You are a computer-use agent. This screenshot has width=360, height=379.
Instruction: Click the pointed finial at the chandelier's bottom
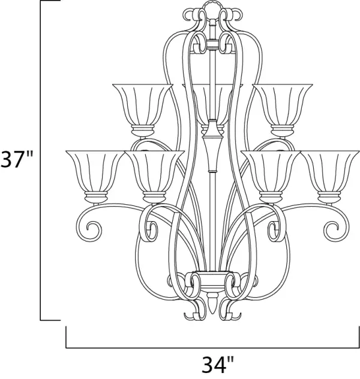coord(212,303)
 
